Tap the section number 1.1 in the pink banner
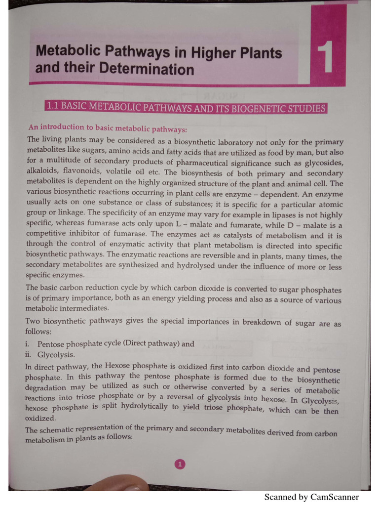click(x=52, y=106)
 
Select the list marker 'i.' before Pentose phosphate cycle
click(x=29, y=343)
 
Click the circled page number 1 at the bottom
click(x=180, y=464)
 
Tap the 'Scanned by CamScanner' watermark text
click(x=311, y=497)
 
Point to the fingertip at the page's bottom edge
click(x=118, y=486)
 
